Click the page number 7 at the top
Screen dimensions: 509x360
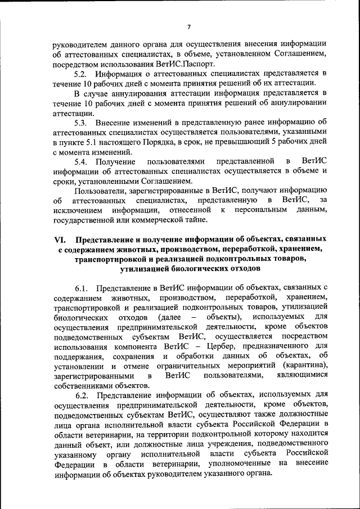point(189,27)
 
